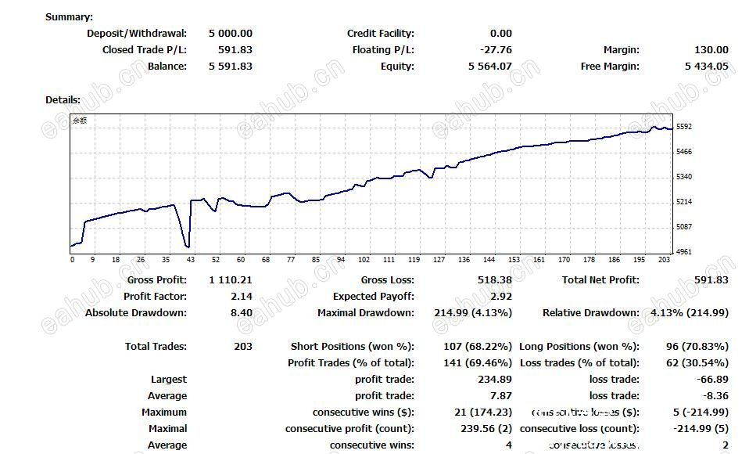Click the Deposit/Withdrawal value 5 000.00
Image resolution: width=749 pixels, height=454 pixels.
[x=231, y=33]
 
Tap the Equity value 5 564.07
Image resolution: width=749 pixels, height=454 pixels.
[x=490, y=66]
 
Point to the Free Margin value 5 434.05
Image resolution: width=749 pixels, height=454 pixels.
[x=707, y=66]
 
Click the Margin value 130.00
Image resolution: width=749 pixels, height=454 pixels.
[x=711, y=49]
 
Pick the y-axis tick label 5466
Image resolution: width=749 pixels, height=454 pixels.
[x=684, y=151]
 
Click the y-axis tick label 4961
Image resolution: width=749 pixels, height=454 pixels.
[x=684, y=252]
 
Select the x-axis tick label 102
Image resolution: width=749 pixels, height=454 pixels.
[x=364, y=260]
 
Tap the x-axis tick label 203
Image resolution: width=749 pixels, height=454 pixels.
[x=665, y=260]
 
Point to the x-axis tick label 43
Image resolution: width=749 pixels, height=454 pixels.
[x=191, y=260]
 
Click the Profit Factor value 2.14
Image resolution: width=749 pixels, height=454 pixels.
[x=242, y=296]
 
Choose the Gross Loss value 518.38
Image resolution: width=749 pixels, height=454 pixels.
[x=495, y=279]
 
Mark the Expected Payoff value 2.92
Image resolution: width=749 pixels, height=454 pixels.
[x=501, y=296]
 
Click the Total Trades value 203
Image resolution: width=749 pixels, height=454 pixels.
[x=243, y=346]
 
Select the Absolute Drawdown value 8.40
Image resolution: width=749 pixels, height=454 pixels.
[x=242, y=312]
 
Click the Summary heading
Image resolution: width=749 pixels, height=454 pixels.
[x=69, y=16]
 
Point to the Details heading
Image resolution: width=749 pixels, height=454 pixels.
[x=63, y=99]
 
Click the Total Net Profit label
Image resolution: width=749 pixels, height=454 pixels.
[x=600, y=279]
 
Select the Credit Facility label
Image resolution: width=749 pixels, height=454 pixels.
[x=381, y=33]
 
